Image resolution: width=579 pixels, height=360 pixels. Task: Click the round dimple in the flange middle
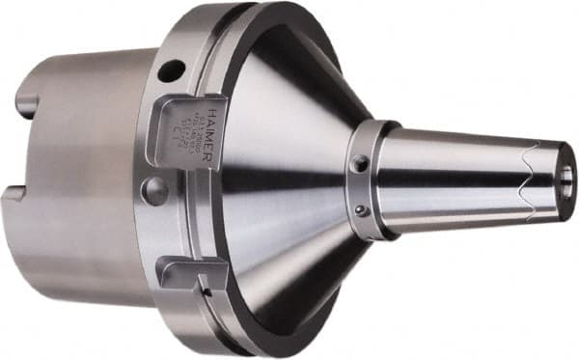click(154, 190)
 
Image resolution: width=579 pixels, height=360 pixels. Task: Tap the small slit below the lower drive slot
click(206, 288)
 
